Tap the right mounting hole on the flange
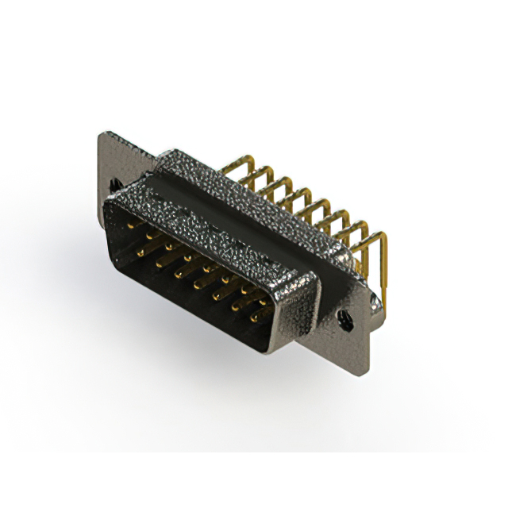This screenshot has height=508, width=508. coord(347,321)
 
